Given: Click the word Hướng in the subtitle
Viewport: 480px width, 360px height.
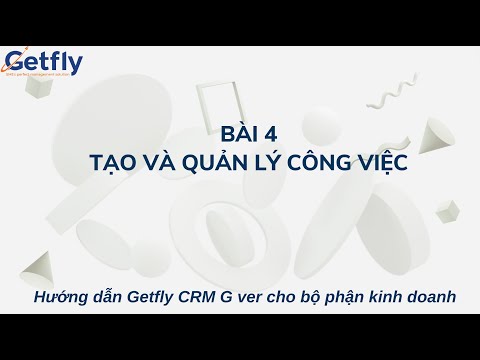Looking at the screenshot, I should point(58,297).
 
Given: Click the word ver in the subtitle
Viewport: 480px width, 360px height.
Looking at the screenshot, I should point(253,297).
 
